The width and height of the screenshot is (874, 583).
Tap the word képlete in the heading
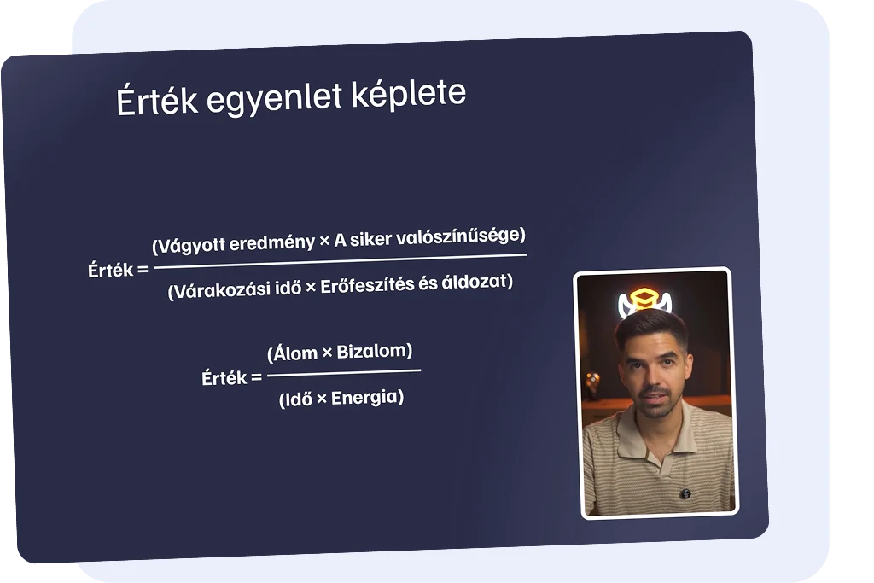[409, 93]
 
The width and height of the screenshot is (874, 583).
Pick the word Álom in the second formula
[294, 353]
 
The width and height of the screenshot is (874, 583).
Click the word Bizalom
[372, 351]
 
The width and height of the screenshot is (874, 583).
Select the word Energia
[365, 398]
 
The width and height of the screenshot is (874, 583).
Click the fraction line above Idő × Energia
[344, 372]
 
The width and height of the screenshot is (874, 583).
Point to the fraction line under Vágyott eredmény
[340, 261]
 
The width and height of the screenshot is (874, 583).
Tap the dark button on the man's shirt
[685, 493]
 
